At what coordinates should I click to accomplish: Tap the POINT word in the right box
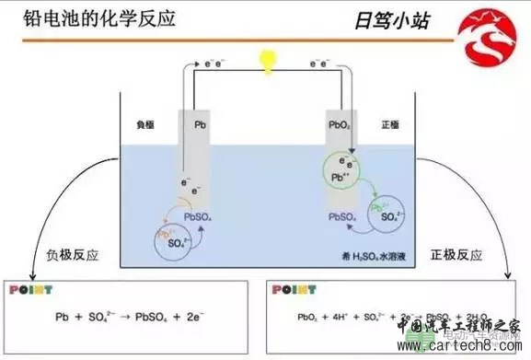coord(293,290)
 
